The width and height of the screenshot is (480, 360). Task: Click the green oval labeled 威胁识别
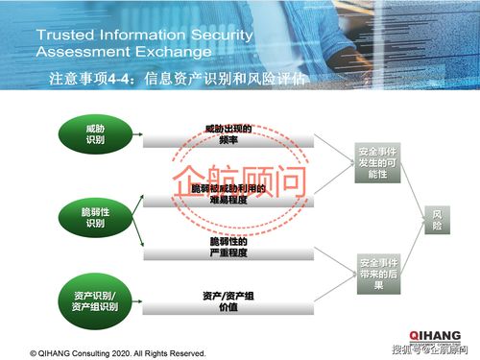[x=94, y=134]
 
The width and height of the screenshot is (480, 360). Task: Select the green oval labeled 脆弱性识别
[x=94, y=217]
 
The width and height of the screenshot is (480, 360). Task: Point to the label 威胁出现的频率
[x=228, y=134]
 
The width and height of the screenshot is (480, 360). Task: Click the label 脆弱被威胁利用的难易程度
[x=228, y=194]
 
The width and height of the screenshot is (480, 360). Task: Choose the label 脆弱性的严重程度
[x=228, y=247]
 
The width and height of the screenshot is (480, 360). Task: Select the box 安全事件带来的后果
[x=377, y=273]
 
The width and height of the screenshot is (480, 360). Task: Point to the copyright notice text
[x=117, y=352]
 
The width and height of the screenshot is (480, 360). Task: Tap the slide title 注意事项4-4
[x=90, y=79]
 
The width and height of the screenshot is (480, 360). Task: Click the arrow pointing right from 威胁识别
[x=139, y=134]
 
